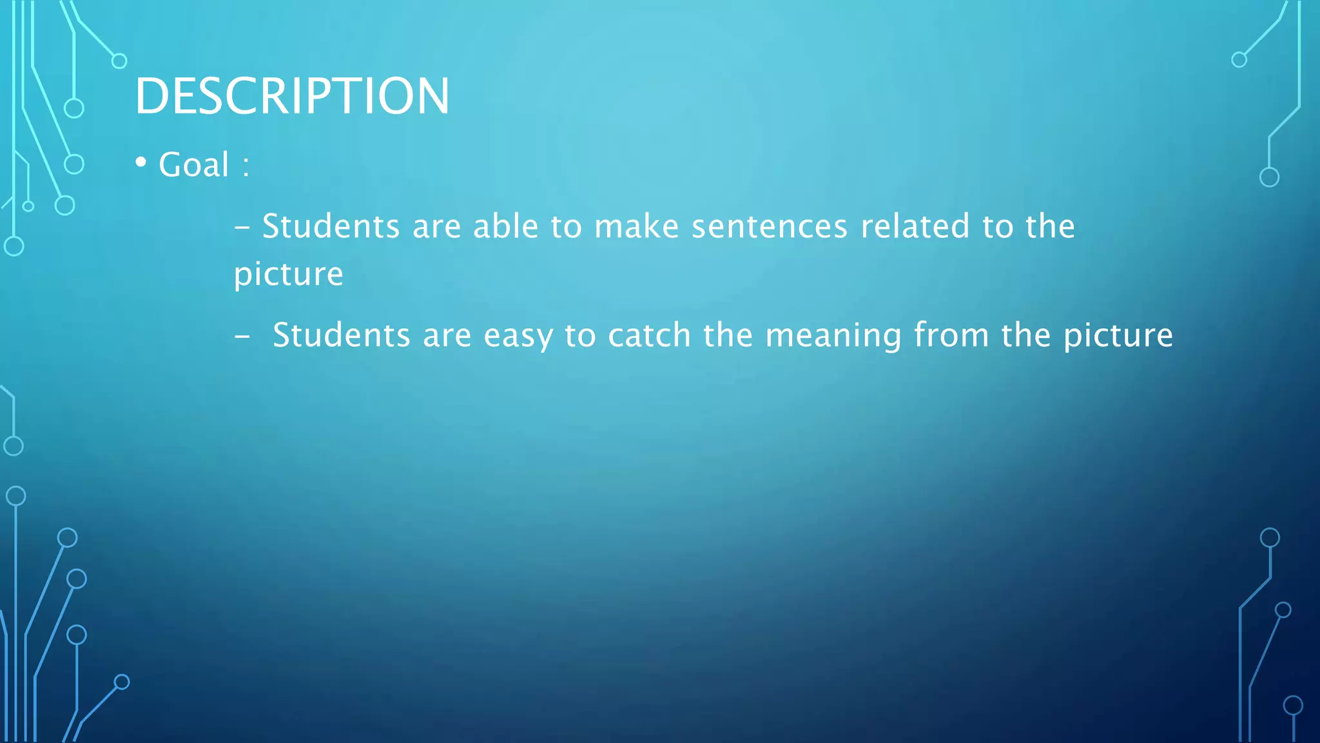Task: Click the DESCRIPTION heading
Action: click(x=291, y=96)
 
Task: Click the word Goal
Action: click(x=193, y=164)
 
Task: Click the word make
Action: click(x=636, y=226)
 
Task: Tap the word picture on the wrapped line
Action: click(x=288, y=275)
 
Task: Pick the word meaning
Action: click(x=833, y=336)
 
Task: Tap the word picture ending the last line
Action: click(x=1118, y=336)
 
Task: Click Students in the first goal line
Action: click(x=331, y=226)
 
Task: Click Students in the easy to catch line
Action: click(x=341, y=335)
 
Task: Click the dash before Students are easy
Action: click(x=242, y=337)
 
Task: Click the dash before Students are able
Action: click(x=242, y=228)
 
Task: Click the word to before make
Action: click(x=566, y=226)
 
